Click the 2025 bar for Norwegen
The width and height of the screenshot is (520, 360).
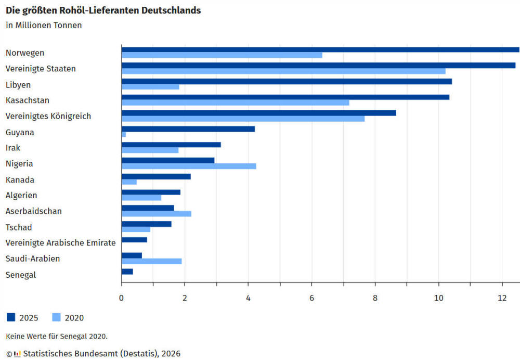click(x=320, y=49)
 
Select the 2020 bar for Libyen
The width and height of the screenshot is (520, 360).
click(x=150, y=87)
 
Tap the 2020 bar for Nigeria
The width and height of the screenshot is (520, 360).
click(x=189, y=166)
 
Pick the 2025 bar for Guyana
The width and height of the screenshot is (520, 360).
click(x=188, y=129)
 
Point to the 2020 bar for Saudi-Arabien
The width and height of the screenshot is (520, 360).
click(x=151, y=261)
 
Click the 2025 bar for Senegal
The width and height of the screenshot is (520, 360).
click(x=127, y=272)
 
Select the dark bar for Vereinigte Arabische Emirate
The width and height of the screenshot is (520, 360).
click(x=134, y=240)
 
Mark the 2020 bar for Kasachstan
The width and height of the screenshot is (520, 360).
click(x=235, y=102)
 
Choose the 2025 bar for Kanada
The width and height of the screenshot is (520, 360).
click(x=156, y=176)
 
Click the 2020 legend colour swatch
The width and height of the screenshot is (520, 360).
click(x=57, y=317)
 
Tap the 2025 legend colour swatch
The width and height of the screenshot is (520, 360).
click(x=11, y=317)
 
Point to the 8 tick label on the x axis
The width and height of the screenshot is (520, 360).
click(x=375, y=298)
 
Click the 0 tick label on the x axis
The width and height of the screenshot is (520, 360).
click(x=121, y=298)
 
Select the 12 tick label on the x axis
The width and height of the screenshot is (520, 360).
click(x=502, y=298)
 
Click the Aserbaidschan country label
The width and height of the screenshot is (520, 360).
click(x=33, y=211)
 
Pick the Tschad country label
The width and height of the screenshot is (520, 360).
click(x=19, y=227)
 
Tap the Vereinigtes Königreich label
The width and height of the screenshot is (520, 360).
click(x=48, y=116)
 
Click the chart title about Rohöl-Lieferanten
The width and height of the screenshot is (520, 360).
click(x=103, y=10)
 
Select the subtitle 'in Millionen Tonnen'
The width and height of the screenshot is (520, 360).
click(x=44, y=25)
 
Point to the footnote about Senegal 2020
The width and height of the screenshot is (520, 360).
click(x=57, y=337)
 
